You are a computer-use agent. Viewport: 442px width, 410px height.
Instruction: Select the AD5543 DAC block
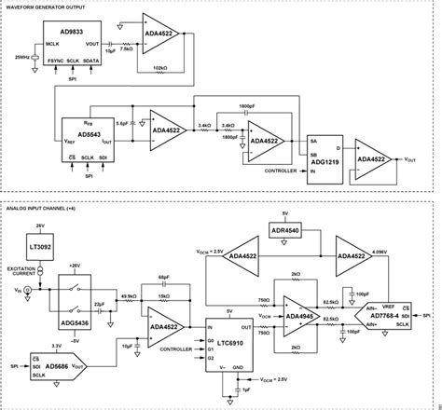click(86, 139)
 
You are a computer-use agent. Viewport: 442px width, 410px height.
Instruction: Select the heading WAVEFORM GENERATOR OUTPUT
click(50, 7)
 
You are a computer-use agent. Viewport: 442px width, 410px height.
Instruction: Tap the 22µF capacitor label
click(96, 304)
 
